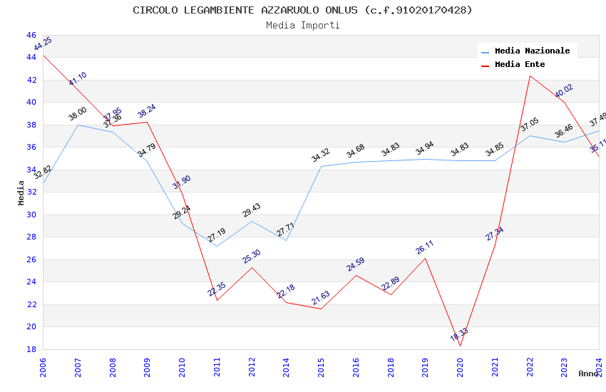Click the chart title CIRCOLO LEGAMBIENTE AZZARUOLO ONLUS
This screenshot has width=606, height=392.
303,10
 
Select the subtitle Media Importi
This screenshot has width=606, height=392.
303,25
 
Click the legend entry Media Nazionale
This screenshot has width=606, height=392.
532,51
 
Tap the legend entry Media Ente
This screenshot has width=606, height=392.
520,65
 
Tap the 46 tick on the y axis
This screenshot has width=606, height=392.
31,35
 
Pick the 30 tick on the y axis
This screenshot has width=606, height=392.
31,215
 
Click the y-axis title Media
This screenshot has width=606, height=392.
21,192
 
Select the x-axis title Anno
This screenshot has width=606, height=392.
588,373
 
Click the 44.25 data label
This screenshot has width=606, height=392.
43,43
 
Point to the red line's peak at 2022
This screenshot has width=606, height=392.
530,76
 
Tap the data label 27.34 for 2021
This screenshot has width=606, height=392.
494,233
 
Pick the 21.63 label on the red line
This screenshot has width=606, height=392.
320,298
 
